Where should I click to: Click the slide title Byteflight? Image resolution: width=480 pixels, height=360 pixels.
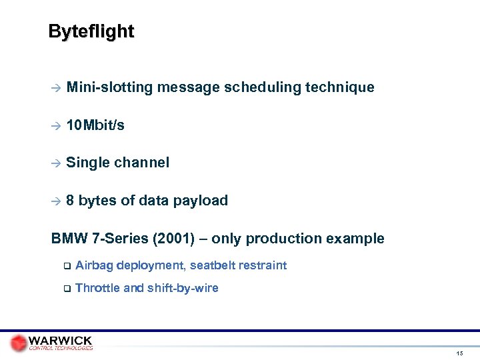[91, 31]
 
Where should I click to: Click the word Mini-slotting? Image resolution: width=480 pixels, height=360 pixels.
[109, 87]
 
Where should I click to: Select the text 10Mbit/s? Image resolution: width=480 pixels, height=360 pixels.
[95, 125]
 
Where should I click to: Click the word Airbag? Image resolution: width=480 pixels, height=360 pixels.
[94, 265]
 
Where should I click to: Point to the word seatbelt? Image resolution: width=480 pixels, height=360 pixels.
[213, 265]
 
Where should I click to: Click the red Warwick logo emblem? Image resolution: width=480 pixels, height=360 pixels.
[19, 342]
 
